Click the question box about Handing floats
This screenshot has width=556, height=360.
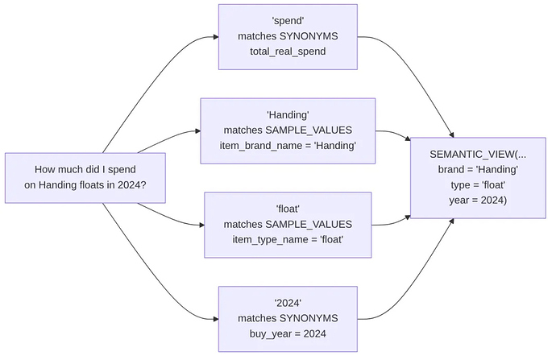pyautogui.click(x=85, y=178)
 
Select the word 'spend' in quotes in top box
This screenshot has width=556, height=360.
pyautogui.click(x=288, y=21)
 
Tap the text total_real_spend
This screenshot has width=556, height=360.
pyautogui.click(x=288, y=52)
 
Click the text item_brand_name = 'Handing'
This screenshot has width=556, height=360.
pyautogui.click(x=288, y=146)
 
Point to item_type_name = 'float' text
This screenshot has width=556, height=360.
pyautogui.click(x=288, y=239)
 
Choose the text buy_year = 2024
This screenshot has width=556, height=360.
pyautogui.click(x=288, y=333)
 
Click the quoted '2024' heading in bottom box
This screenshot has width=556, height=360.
pyautogui.click(x=288, y=303)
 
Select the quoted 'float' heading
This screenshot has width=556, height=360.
pyautogui.click(x=288, y=209)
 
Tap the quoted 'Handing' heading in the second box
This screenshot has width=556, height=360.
pyautogui.click(x=288, y=115)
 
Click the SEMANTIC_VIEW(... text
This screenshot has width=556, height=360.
pyautogui.click(x=478, y=154)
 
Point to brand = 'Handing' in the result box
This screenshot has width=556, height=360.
pyautogui.click(x=478, y=169)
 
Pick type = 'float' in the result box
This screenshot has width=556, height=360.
pyautogui.click(x=478, y=185)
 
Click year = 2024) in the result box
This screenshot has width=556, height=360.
pyautogui.click(x=478, y=201)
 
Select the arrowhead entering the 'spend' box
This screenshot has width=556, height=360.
pyautogui.click(x=216, y=37)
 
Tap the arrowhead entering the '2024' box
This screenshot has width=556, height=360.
pyautogui.click(x=216, y=319)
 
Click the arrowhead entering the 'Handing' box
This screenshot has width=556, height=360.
pyautogui.click(x=198, y=131)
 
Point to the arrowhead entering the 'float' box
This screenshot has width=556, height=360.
pyautogui.click(x=201, y=225)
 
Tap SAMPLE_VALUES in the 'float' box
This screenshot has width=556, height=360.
pyautogui.click(x=309, y=224)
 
